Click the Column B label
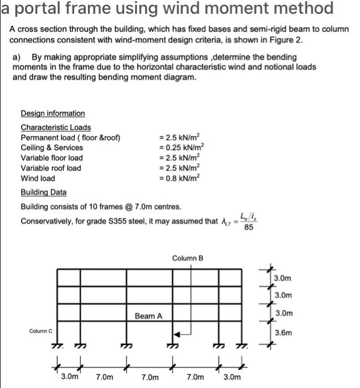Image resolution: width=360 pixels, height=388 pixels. [188, 258]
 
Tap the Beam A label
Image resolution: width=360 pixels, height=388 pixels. [148, 316]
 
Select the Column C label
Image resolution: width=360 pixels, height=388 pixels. [40, 331]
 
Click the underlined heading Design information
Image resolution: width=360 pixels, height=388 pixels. [53, 113]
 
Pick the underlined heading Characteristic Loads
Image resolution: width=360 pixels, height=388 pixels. [55, 127]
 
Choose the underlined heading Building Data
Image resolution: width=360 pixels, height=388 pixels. [43, 192]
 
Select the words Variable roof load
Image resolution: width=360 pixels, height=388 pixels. [50, 168]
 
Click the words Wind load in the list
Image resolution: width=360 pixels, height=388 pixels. [38, 178]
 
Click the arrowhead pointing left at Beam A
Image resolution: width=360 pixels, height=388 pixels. [177, 334]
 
